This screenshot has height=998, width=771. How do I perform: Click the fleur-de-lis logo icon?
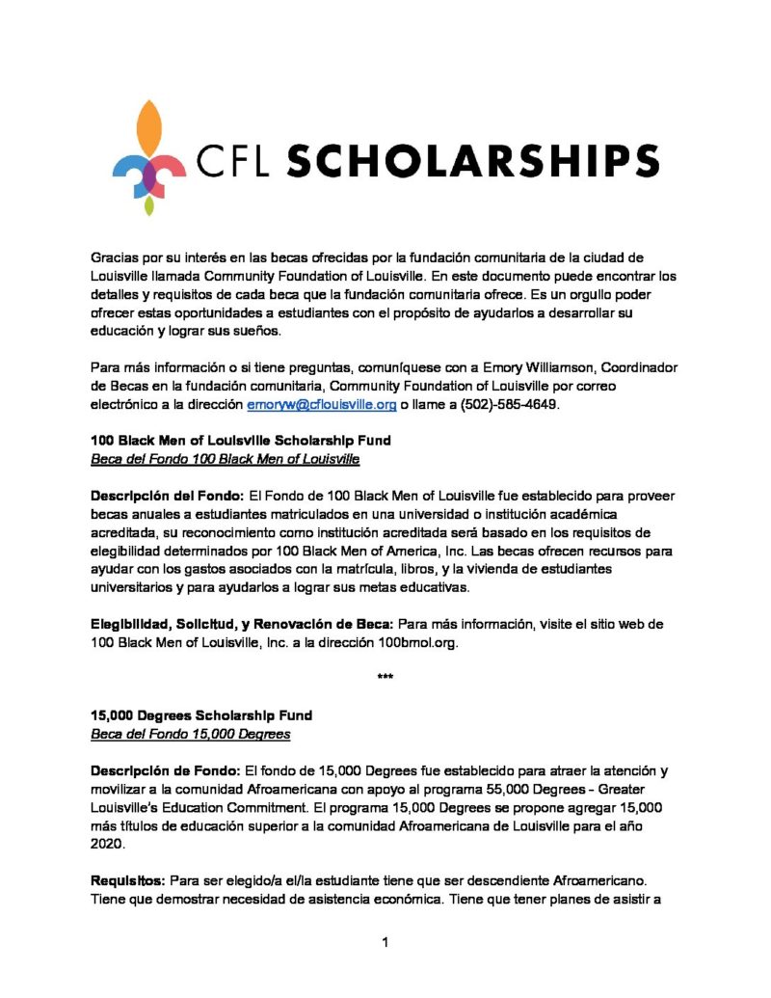[x=148, y=157]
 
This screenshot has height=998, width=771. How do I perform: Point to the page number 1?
[x=385, y=942]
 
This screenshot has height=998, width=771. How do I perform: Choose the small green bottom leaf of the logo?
[x=148, y=205]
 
